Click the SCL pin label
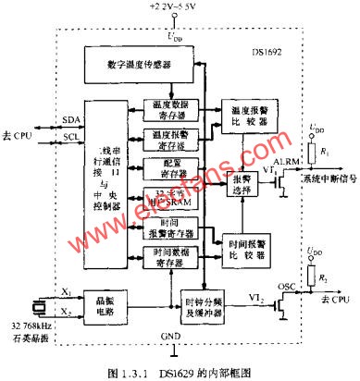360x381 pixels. click(x=65, y=136)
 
